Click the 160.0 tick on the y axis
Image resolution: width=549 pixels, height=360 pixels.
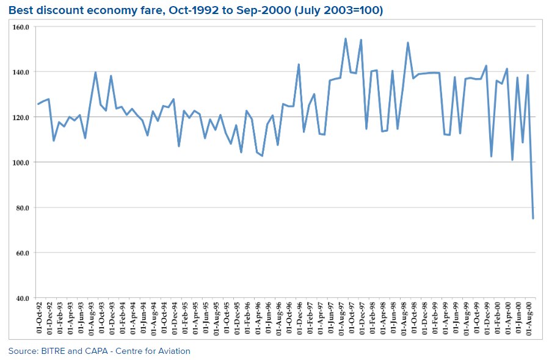coord(21,27)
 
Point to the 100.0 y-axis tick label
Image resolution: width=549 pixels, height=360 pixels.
coord(21,162)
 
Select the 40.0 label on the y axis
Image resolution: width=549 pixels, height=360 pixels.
coord(23,298)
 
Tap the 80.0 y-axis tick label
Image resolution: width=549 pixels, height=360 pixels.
coord(23,207)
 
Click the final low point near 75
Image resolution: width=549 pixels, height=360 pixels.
coord(533,218)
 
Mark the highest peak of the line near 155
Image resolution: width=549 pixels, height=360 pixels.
coord(346,38)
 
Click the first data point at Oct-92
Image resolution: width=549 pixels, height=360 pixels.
coord(38,104)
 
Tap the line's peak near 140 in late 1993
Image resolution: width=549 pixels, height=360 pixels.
coord(95,72)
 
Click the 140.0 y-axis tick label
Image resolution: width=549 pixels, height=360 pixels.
coord(21,72)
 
